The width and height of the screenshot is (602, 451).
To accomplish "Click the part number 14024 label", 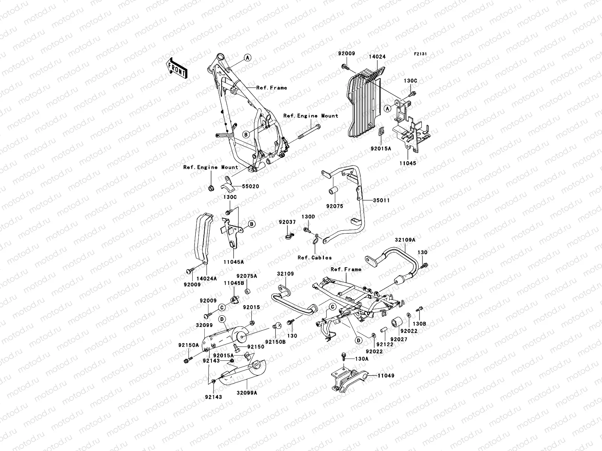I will coord(377,57).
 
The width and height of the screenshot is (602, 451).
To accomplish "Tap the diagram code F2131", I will coord(421,54).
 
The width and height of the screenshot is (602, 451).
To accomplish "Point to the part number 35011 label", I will coord(381,200).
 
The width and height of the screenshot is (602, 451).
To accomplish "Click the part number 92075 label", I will coord(335,206).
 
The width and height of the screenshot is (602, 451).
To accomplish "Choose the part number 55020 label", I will coord(250,186).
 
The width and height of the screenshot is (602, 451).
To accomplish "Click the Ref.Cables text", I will coord(315,257).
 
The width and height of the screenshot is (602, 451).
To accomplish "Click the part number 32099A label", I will coord(247,392).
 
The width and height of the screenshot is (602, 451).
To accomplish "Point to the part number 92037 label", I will coord(287,222).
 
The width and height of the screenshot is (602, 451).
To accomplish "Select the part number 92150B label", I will coord(275,342).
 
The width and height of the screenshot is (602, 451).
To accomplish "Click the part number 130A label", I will coord(362,359).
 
